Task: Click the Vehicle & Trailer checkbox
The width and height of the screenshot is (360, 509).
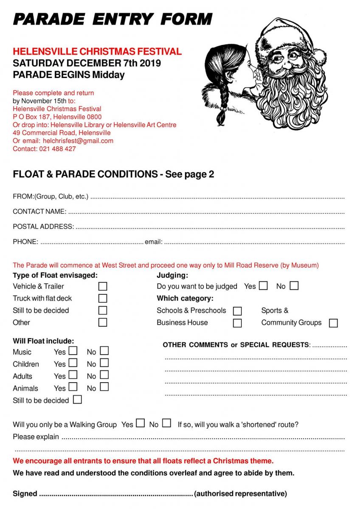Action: click(102, 286)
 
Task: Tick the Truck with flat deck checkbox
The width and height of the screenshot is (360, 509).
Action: click(102, 298)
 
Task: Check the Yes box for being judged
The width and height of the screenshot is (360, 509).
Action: click(263, 285)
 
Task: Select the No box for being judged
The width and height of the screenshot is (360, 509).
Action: click(294, 285)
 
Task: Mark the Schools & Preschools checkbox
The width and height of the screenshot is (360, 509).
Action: click(237, 311)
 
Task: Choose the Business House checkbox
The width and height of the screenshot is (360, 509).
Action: click(237, 323)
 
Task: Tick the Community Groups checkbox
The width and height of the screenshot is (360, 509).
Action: click(333, 323)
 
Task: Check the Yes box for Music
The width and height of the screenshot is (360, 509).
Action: click(73, 351)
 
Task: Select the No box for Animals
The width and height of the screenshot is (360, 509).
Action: click(104, 387)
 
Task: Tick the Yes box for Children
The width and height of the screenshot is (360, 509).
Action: click(73, 363)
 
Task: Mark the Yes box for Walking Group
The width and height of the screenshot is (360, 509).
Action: click(141, 423)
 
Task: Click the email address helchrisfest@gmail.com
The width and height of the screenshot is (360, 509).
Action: click(78, 141)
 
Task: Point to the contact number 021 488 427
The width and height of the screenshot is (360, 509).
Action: click(58, 149)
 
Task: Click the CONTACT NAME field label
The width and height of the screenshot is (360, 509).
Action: click(39, 212)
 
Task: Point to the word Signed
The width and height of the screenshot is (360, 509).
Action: click(25, 494)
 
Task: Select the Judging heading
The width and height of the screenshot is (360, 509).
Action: click(172, 275)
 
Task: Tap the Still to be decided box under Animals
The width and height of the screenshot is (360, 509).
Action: click(77, 400)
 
